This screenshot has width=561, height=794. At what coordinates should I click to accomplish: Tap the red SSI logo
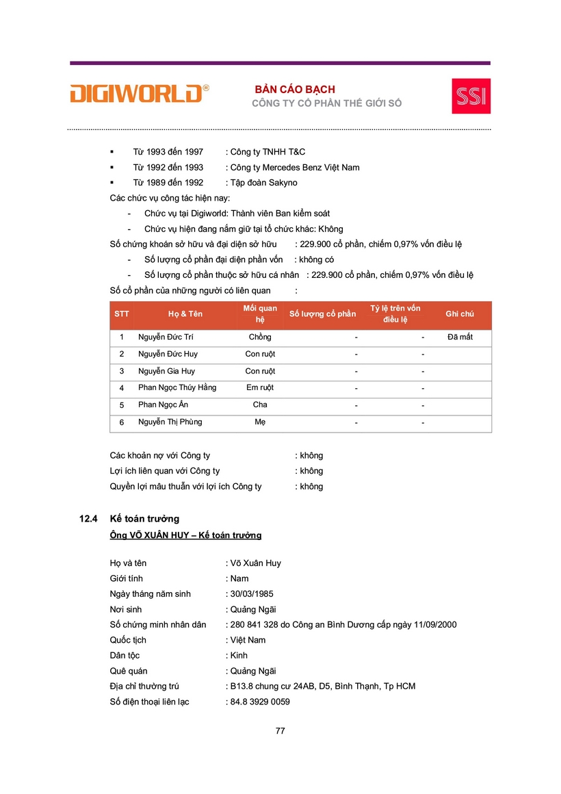[471, 96]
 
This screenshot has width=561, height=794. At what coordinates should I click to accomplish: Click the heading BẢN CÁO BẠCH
[295, 90]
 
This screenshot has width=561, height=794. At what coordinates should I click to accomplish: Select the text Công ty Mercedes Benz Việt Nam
[295, 168]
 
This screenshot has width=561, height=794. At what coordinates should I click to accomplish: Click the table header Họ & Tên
[185, 314]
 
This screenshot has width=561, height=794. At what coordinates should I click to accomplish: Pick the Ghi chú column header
[459, 314]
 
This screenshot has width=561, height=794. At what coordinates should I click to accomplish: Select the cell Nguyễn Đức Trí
[166, 337]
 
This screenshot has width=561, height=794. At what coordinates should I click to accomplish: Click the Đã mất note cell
[460, 337]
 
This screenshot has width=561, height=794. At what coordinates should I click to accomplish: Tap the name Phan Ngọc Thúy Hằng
[177, 388]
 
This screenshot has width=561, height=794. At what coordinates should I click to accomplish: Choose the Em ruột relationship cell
[260, 388]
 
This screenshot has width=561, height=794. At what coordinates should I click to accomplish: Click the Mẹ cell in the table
[260, 422]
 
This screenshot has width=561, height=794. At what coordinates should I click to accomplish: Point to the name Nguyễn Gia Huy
[166, 372]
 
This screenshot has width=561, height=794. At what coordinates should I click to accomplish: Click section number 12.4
[90, 520]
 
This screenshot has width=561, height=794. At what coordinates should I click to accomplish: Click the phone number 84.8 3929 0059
[260, 702]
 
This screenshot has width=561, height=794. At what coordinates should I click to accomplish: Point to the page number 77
[280, 731]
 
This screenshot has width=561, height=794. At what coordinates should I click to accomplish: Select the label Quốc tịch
[128, 641]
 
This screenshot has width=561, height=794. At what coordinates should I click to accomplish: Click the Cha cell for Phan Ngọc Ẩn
[260, 405]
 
